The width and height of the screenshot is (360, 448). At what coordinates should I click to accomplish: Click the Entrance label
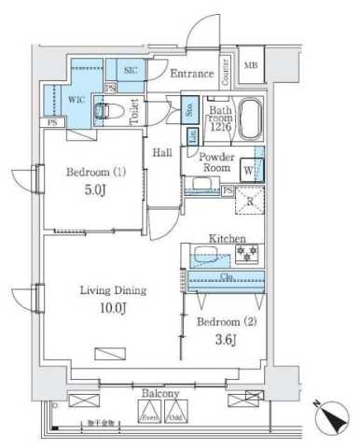(193, 71)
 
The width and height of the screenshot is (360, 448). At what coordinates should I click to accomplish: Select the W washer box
(248, 170)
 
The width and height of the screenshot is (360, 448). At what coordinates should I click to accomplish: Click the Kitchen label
(227, 238)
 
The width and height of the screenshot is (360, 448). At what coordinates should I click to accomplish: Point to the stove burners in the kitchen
(247, 255)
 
